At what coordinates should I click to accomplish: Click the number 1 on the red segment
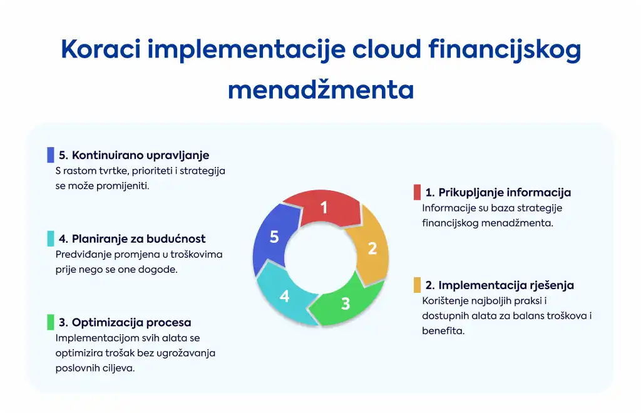pyautogui.click(x=324, y=208)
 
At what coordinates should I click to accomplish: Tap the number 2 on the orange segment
pyautogui.click(x=372, y=248)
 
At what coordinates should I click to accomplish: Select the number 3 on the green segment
pyautogui.click(x=346, y=303)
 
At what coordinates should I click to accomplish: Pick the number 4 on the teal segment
pyautogui.click(x=285, y=296)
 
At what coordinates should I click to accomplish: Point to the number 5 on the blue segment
pyautogui.click(x=274, y=237)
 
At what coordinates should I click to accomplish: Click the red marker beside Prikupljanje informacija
pyautogui.click(x=417, y=192)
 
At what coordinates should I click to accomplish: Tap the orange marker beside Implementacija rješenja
pyautogui.click(x=417, y=285)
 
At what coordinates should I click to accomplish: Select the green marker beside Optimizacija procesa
pyautogui.click(x=51, y=322)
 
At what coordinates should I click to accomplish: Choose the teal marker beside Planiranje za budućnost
pyautogui.click(x=51, y=238)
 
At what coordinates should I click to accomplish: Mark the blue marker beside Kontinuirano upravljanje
pyautogui.click(x=51, y=155)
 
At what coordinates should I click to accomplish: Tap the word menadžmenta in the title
pyautogui.click(x=321, y=89)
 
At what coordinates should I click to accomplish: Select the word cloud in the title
pyautogui.click(x=386, y=49)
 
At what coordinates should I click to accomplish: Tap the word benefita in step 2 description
pyautogui.click(x=443, y=331)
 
